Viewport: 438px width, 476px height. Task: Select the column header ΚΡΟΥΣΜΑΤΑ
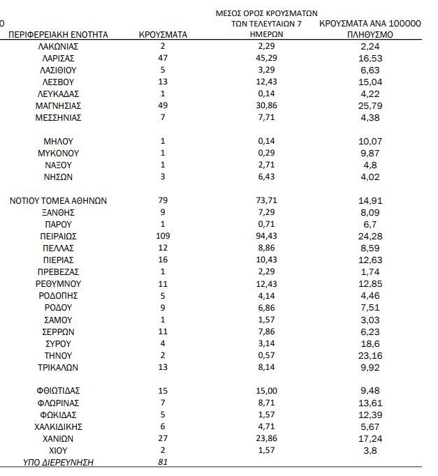point(163,34)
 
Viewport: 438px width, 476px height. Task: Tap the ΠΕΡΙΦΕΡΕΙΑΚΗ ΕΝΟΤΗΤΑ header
point(58,34)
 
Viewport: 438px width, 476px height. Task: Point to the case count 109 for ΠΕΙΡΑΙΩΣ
point(163,236)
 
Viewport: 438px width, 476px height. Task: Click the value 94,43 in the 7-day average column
point(266,236)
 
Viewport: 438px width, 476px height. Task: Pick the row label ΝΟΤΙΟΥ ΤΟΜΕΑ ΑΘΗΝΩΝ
point(58,200)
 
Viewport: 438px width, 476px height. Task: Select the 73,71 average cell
point(266,200)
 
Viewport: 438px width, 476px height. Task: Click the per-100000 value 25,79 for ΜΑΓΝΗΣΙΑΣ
point(370,105)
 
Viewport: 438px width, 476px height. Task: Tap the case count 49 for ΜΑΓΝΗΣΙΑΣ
point(163,105)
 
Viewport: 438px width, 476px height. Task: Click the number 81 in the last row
point(163,462)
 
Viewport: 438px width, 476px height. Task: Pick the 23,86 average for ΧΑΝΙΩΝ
point(266,438)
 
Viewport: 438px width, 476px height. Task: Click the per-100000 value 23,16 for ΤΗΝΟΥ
point(370,355)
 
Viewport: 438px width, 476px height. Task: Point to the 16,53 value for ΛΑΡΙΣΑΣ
point(370,57)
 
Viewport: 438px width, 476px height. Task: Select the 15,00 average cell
point(266,391)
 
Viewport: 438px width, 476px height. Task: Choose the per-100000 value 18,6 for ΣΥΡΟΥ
point(370,343)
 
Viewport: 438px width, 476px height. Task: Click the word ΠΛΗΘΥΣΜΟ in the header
point(370,34)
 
